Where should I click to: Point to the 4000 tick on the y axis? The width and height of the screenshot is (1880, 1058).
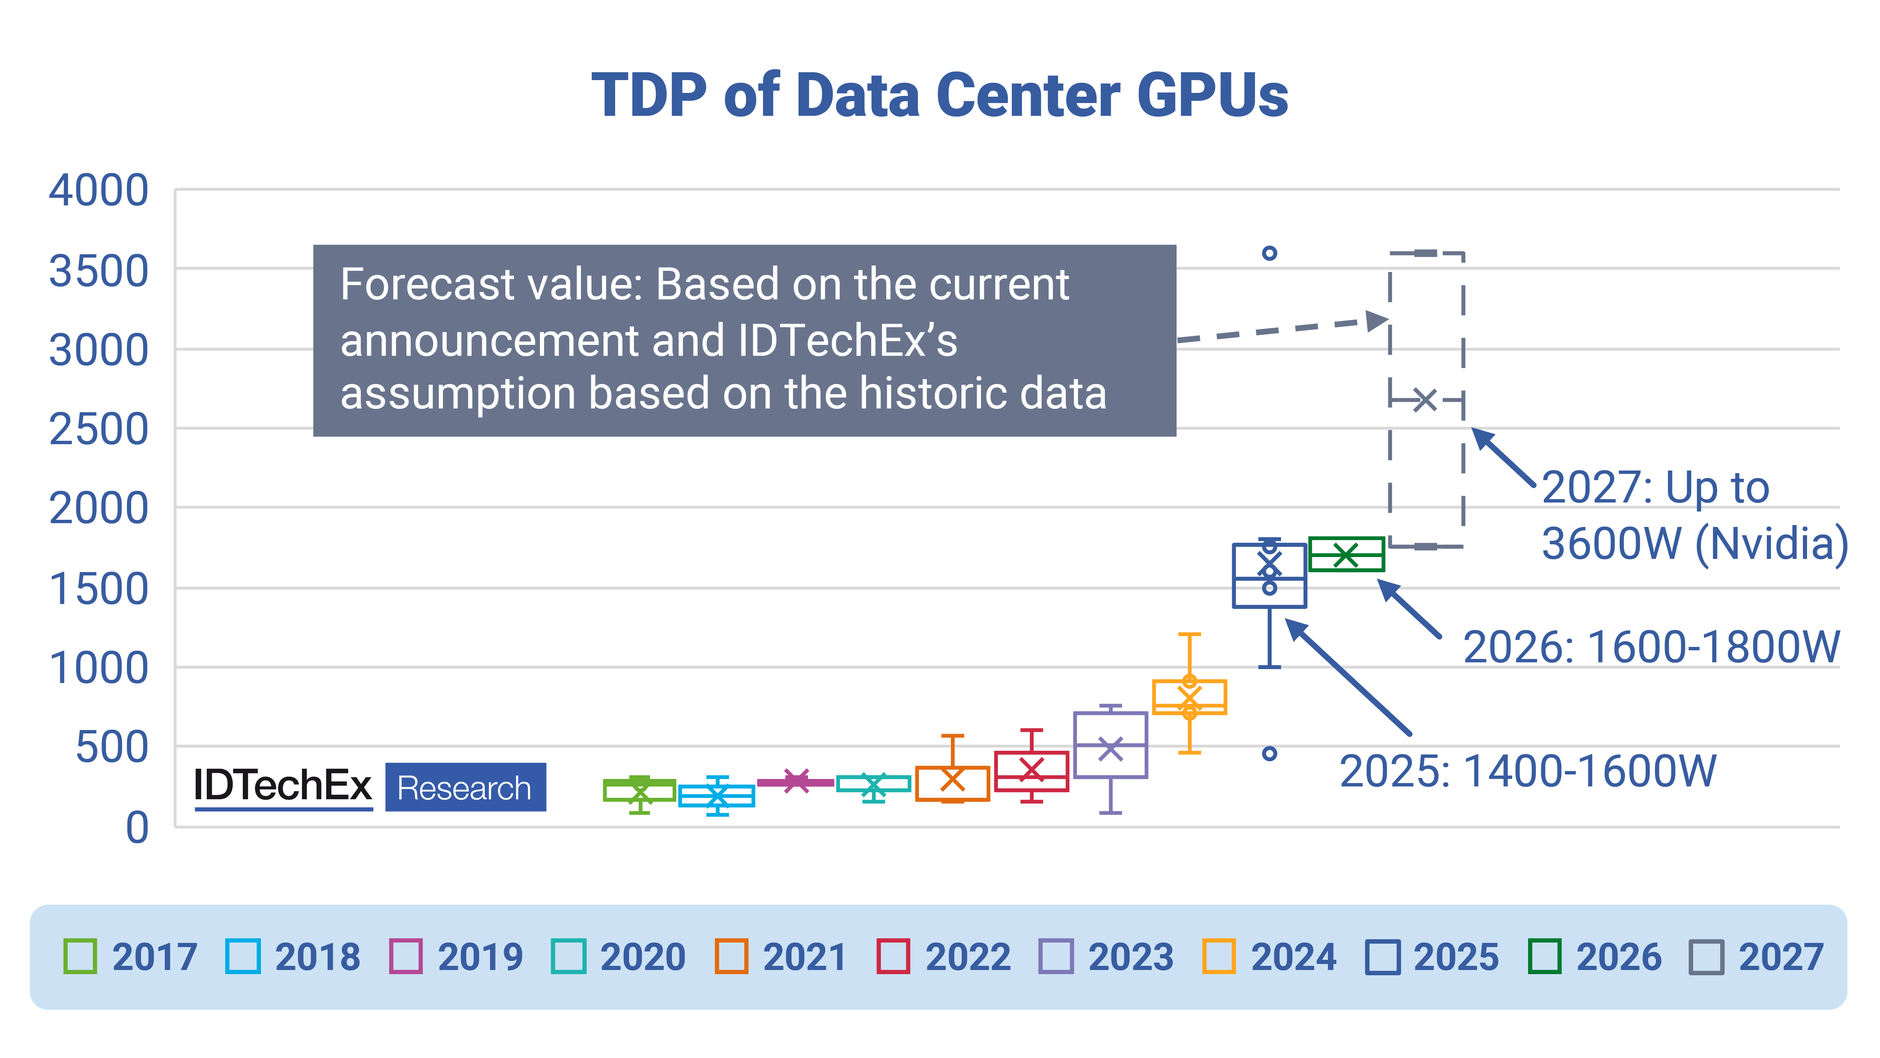99,191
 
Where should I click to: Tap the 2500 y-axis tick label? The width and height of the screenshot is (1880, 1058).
99,430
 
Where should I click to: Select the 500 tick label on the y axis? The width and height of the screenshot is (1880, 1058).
112,748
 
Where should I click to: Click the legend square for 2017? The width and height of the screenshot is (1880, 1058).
80,956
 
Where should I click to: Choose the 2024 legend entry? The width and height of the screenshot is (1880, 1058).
1270,956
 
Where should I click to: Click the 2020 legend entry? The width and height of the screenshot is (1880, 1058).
619,956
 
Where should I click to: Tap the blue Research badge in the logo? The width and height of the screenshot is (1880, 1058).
465,787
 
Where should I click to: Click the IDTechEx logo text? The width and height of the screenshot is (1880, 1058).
283,786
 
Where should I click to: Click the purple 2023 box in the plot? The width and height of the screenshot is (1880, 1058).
1110,745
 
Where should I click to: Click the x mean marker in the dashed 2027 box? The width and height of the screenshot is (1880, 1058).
1425,400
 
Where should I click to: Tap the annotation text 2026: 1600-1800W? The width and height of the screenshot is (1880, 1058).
1651,647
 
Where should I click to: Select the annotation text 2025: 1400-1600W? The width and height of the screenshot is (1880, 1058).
1527,771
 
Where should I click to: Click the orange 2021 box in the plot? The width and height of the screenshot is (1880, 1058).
952,783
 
